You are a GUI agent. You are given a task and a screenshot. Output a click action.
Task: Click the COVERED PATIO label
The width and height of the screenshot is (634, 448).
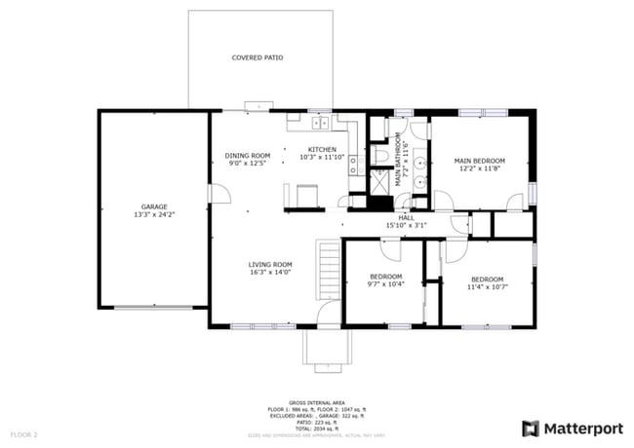[258, 58]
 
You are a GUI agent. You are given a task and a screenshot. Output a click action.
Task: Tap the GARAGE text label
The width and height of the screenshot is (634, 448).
[154, 206]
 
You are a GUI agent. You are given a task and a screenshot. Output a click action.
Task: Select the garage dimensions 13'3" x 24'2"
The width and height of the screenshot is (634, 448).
[154, 214]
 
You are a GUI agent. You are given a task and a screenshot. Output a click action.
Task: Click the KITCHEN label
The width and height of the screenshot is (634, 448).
[322, 149]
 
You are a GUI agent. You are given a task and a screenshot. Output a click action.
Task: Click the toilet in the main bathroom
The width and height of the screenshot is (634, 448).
[381, 155]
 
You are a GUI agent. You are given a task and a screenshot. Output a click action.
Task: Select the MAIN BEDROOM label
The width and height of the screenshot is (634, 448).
[480, 160]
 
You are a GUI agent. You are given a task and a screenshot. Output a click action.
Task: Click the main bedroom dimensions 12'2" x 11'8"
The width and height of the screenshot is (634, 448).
[480, 168]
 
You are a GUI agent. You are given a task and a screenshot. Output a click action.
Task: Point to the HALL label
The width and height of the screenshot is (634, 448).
[407, 218]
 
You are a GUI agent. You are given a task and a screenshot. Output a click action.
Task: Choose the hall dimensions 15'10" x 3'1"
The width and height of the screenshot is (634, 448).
[407, 226]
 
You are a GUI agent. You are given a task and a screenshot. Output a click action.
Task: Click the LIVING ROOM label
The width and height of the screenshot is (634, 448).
[270, 265]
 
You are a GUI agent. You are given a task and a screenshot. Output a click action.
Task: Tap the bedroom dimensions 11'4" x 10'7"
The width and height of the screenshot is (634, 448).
[487, 286]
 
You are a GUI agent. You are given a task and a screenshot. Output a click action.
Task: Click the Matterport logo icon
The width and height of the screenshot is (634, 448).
[531, 428]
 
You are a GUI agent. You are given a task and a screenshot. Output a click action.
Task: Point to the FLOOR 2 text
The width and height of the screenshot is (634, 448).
[23, 433]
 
